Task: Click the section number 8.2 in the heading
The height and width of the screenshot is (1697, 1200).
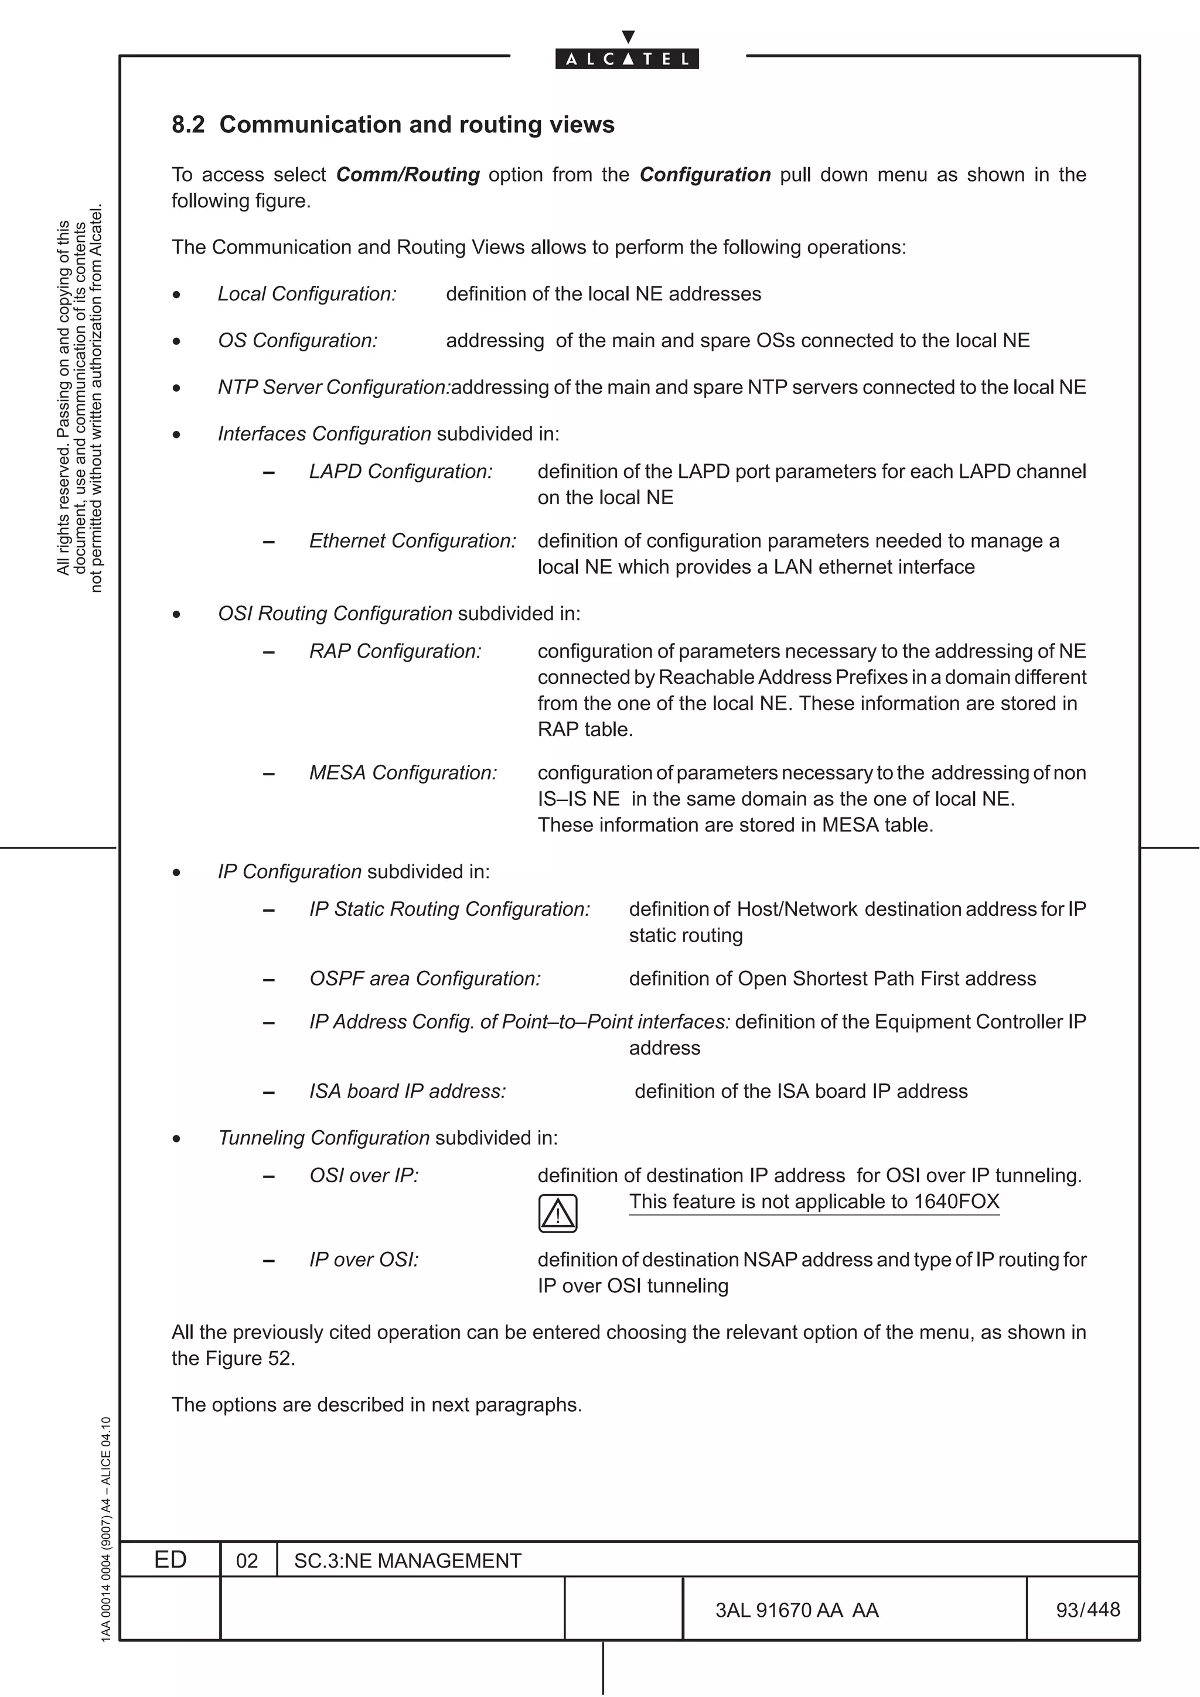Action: tap(188, 124)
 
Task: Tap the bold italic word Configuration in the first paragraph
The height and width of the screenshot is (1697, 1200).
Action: tap(705, 175)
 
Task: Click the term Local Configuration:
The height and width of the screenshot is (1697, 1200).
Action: tap(307, 294)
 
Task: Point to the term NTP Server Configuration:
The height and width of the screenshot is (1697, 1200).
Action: tap(333, 387)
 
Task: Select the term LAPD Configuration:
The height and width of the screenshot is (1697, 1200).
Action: tap(401, 471)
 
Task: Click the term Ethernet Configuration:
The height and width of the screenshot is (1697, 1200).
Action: tap(412, 541)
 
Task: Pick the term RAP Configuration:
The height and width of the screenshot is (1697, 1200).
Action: tap(395, 651)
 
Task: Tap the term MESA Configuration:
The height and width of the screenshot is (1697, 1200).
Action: tap(403, 773)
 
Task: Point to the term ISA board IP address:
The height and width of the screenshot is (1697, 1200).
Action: tap(407, 1092)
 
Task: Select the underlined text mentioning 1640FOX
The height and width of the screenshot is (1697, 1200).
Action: tap(814, 1202)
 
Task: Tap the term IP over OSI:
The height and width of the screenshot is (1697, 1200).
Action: tap(364, 1260)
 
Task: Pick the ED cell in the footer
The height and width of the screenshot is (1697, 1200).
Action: tap(170, 1560)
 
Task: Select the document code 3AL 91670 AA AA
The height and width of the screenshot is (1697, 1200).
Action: tap(797, 1610)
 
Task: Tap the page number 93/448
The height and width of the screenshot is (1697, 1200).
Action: tap(1087, 1610)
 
